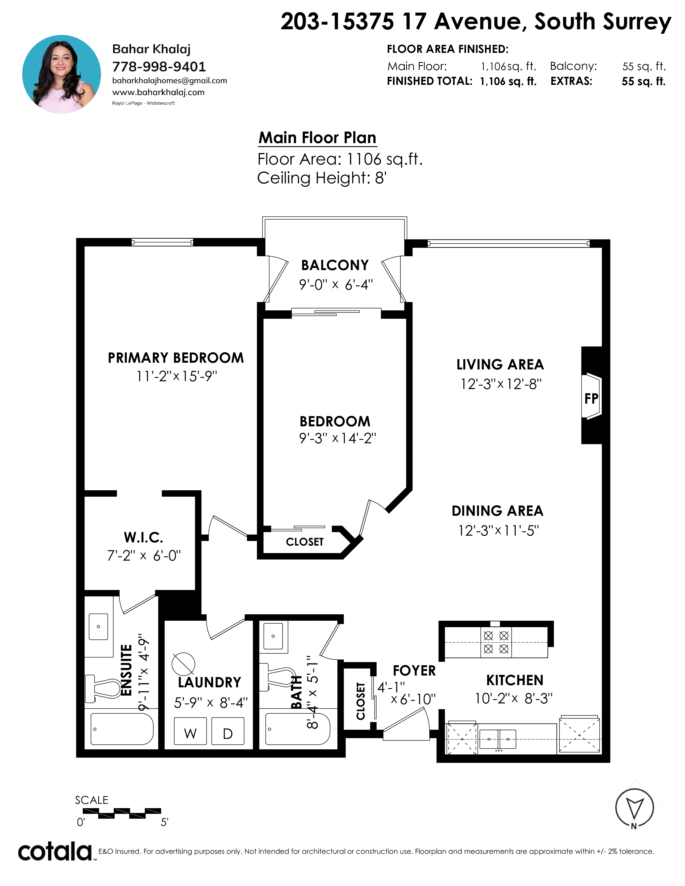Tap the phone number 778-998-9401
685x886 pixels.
(159, 67)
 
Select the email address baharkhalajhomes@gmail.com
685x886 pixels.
(170, 81)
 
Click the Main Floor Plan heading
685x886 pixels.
(318, 138)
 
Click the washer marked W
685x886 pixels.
(190, 731)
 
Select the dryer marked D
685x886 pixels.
(228, 731)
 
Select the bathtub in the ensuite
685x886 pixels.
(122, 729)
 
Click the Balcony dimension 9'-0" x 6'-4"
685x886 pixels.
(336, 285)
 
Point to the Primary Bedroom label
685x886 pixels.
(176, 358)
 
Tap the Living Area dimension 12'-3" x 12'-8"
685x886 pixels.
(501, 384)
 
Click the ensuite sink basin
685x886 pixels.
(99, 626)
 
